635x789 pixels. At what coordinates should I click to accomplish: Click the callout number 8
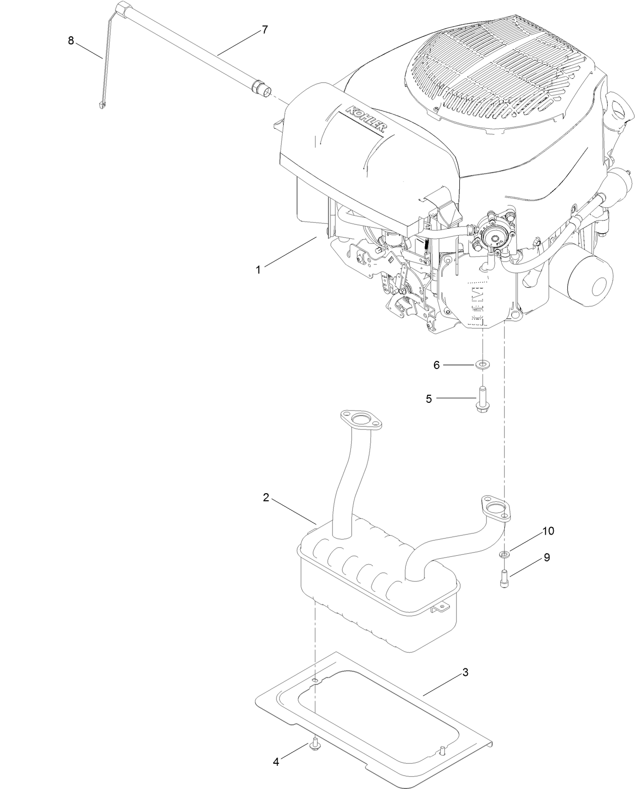point(71,41)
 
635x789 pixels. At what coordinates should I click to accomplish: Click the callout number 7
point(264,30)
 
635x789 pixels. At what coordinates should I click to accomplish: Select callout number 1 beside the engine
point(258,270)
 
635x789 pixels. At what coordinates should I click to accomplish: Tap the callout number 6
point(437,365)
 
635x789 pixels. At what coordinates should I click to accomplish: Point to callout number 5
point(429,399)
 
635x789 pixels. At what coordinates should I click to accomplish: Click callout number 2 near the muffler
point(266,497)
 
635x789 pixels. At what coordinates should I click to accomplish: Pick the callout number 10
point(548,531)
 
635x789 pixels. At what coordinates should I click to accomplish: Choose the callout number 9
point(547,557)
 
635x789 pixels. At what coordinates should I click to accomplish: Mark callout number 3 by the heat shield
point(465,672)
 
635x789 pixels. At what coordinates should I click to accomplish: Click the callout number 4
point(276,762)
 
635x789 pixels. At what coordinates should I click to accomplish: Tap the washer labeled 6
point(483,364)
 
